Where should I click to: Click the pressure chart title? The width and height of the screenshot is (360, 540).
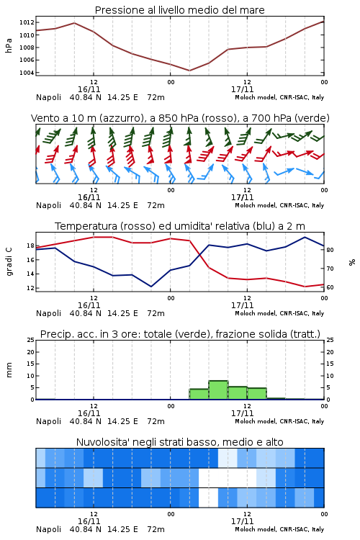(179, 10)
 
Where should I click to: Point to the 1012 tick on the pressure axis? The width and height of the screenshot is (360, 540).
(27, 23)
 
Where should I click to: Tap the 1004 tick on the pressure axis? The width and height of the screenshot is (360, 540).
(27, 73)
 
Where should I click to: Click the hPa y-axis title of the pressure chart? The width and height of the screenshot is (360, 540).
(9, 45)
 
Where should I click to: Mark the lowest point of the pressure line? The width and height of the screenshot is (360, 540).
(189, 71)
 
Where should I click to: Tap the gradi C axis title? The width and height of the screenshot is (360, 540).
(9, 261)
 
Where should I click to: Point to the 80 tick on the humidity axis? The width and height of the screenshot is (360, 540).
(330, 250)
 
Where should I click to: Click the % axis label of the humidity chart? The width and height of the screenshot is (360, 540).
(352, 262)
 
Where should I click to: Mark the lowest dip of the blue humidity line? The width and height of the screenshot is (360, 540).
(151, 287)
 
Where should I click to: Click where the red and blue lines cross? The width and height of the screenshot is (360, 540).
(200, 254)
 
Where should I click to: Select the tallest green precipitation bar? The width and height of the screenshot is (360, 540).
(218, 390)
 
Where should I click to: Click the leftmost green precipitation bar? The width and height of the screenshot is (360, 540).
(199, 394)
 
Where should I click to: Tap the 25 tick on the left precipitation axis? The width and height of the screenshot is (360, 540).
(31, 340)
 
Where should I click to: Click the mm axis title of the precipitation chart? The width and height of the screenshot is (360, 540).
(9, 370)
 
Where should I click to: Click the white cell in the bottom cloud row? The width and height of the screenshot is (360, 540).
(208, 498)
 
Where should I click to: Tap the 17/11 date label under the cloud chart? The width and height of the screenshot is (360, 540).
(242, 521)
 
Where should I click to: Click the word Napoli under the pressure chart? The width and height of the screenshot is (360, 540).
(48, 97)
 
